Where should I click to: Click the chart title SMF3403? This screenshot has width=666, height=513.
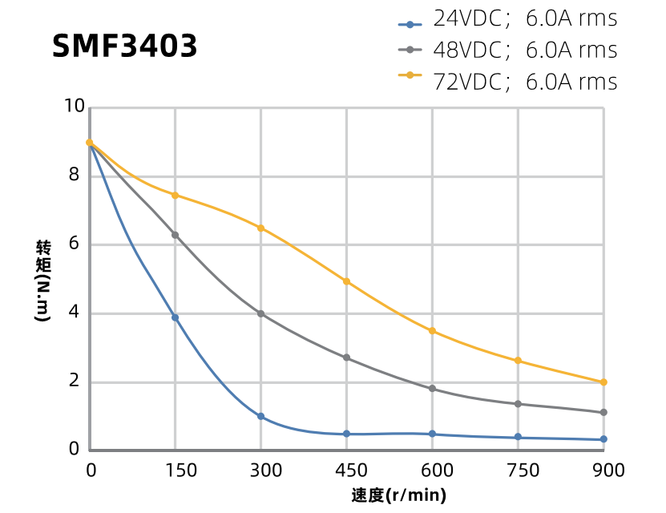point(124,46)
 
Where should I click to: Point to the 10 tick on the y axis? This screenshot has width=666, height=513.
point(75,106)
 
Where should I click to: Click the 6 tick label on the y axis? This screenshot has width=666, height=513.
point(75,243)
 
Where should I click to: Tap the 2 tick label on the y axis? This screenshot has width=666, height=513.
point(75,381)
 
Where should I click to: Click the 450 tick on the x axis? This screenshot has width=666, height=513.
point(346,470)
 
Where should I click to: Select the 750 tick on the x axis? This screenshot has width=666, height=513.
point(518,470)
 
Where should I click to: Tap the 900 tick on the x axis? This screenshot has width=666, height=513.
point(603,470)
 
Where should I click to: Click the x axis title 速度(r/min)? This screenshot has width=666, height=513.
point(398,495)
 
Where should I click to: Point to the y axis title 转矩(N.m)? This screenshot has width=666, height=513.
point(42,281)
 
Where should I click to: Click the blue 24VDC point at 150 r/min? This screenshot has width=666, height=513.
point(175,317)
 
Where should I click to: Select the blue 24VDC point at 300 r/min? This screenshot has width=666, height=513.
point(260,416)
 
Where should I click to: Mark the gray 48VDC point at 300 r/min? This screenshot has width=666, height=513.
point(260,313)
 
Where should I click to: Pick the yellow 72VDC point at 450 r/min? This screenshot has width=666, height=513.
point(346,281)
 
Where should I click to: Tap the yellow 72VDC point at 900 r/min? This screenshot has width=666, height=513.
point(603,382)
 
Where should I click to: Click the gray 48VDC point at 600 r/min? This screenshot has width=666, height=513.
point(432,389)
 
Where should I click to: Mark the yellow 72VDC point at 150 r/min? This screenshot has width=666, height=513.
point(175,195)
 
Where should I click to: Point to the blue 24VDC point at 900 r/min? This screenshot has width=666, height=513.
point(603,439)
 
